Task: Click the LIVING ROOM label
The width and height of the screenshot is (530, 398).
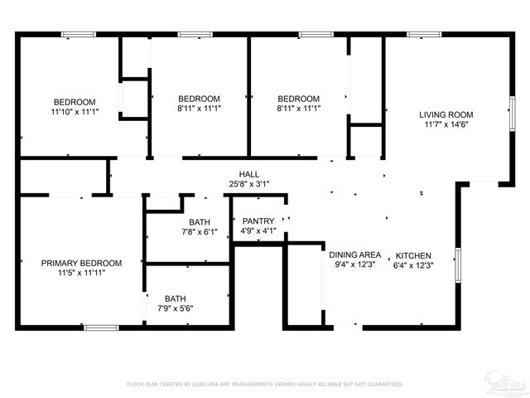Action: click(446, 114)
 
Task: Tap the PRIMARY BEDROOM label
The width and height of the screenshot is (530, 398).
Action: click(81, 263)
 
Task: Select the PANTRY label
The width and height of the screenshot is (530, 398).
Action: click(258, 221)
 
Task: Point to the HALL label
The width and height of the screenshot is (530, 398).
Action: click(249, 174)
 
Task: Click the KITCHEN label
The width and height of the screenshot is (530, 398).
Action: click(413, 255)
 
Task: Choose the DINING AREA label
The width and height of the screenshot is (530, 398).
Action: click(354, 255)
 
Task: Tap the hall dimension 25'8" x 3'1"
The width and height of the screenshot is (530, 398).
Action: click(249, 184)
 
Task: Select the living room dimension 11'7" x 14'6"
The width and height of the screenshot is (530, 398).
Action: click(446, 124)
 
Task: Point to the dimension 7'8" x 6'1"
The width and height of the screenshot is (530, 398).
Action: click(199, 232)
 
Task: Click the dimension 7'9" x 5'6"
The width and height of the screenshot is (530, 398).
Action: click(175, 308)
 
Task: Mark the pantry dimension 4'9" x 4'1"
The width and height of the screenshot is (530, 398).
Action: click(258, 231)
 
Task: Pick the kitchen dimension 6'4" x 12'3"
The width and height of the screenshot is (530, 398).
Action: click(413, 265)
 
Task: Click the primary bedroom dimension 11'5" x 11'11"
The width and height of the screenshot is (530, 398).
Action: click(81, 273)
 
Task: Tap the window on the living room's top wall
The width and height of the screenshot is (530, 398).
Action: click(422, 34)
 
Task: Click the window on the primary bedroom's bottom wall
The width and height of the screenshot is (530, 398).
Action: click(98, 328)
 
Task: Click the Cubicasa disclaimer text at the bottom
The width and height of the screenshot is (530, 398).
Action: click(264, 385)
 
